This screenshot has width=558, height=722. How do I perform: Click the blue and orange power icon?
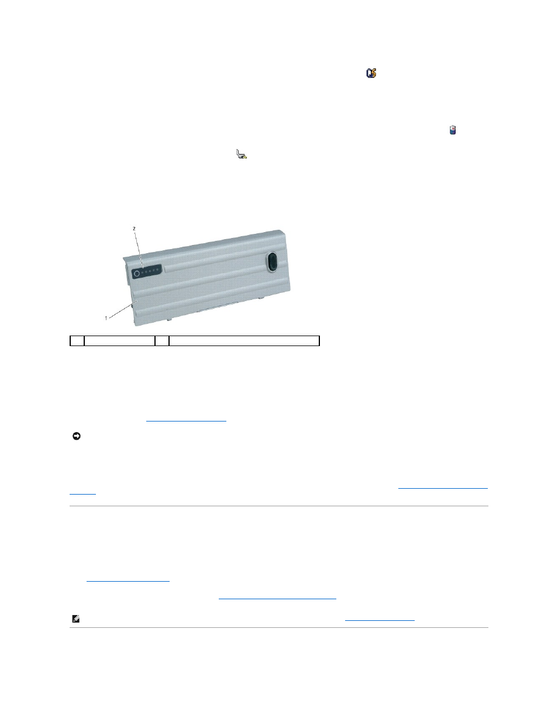[x=371, y=73]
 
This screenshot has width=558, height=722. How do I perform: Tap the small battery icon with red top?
[x=453, y=130]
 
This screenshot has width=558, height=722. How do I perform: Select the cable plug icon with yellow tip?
[x=242, y=154]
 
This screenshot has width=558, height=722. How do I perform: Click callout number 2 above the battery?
[x=135, y=229]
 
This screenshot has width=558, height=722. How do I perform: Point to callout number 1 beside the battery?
[x=106, y=318]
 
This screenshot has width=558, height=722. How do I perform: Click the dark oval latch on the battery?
[x=272, y=261]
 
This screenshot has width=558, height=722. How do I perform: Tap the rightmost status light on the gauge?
[x=158, y=270]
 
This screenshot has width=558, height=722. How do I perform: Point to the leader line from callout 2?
[x=139, y=249]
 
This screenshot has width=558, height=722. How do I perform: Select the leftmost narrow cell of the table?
[x=77, y=341]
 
